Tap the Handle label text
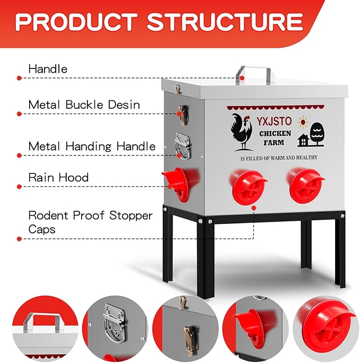click(48, 68)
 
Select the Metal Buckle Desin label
click(84, 104)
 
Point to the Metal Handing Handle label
click(92, 146)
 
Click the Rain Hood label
click(58, 177)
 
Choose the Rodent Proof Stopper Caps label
click(90, 222)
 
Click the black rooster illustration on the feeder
click(242, 131)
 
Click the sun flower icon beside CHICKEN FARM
click(303, 122)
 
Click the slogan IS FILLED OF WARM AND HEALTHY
click(278, 158)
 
